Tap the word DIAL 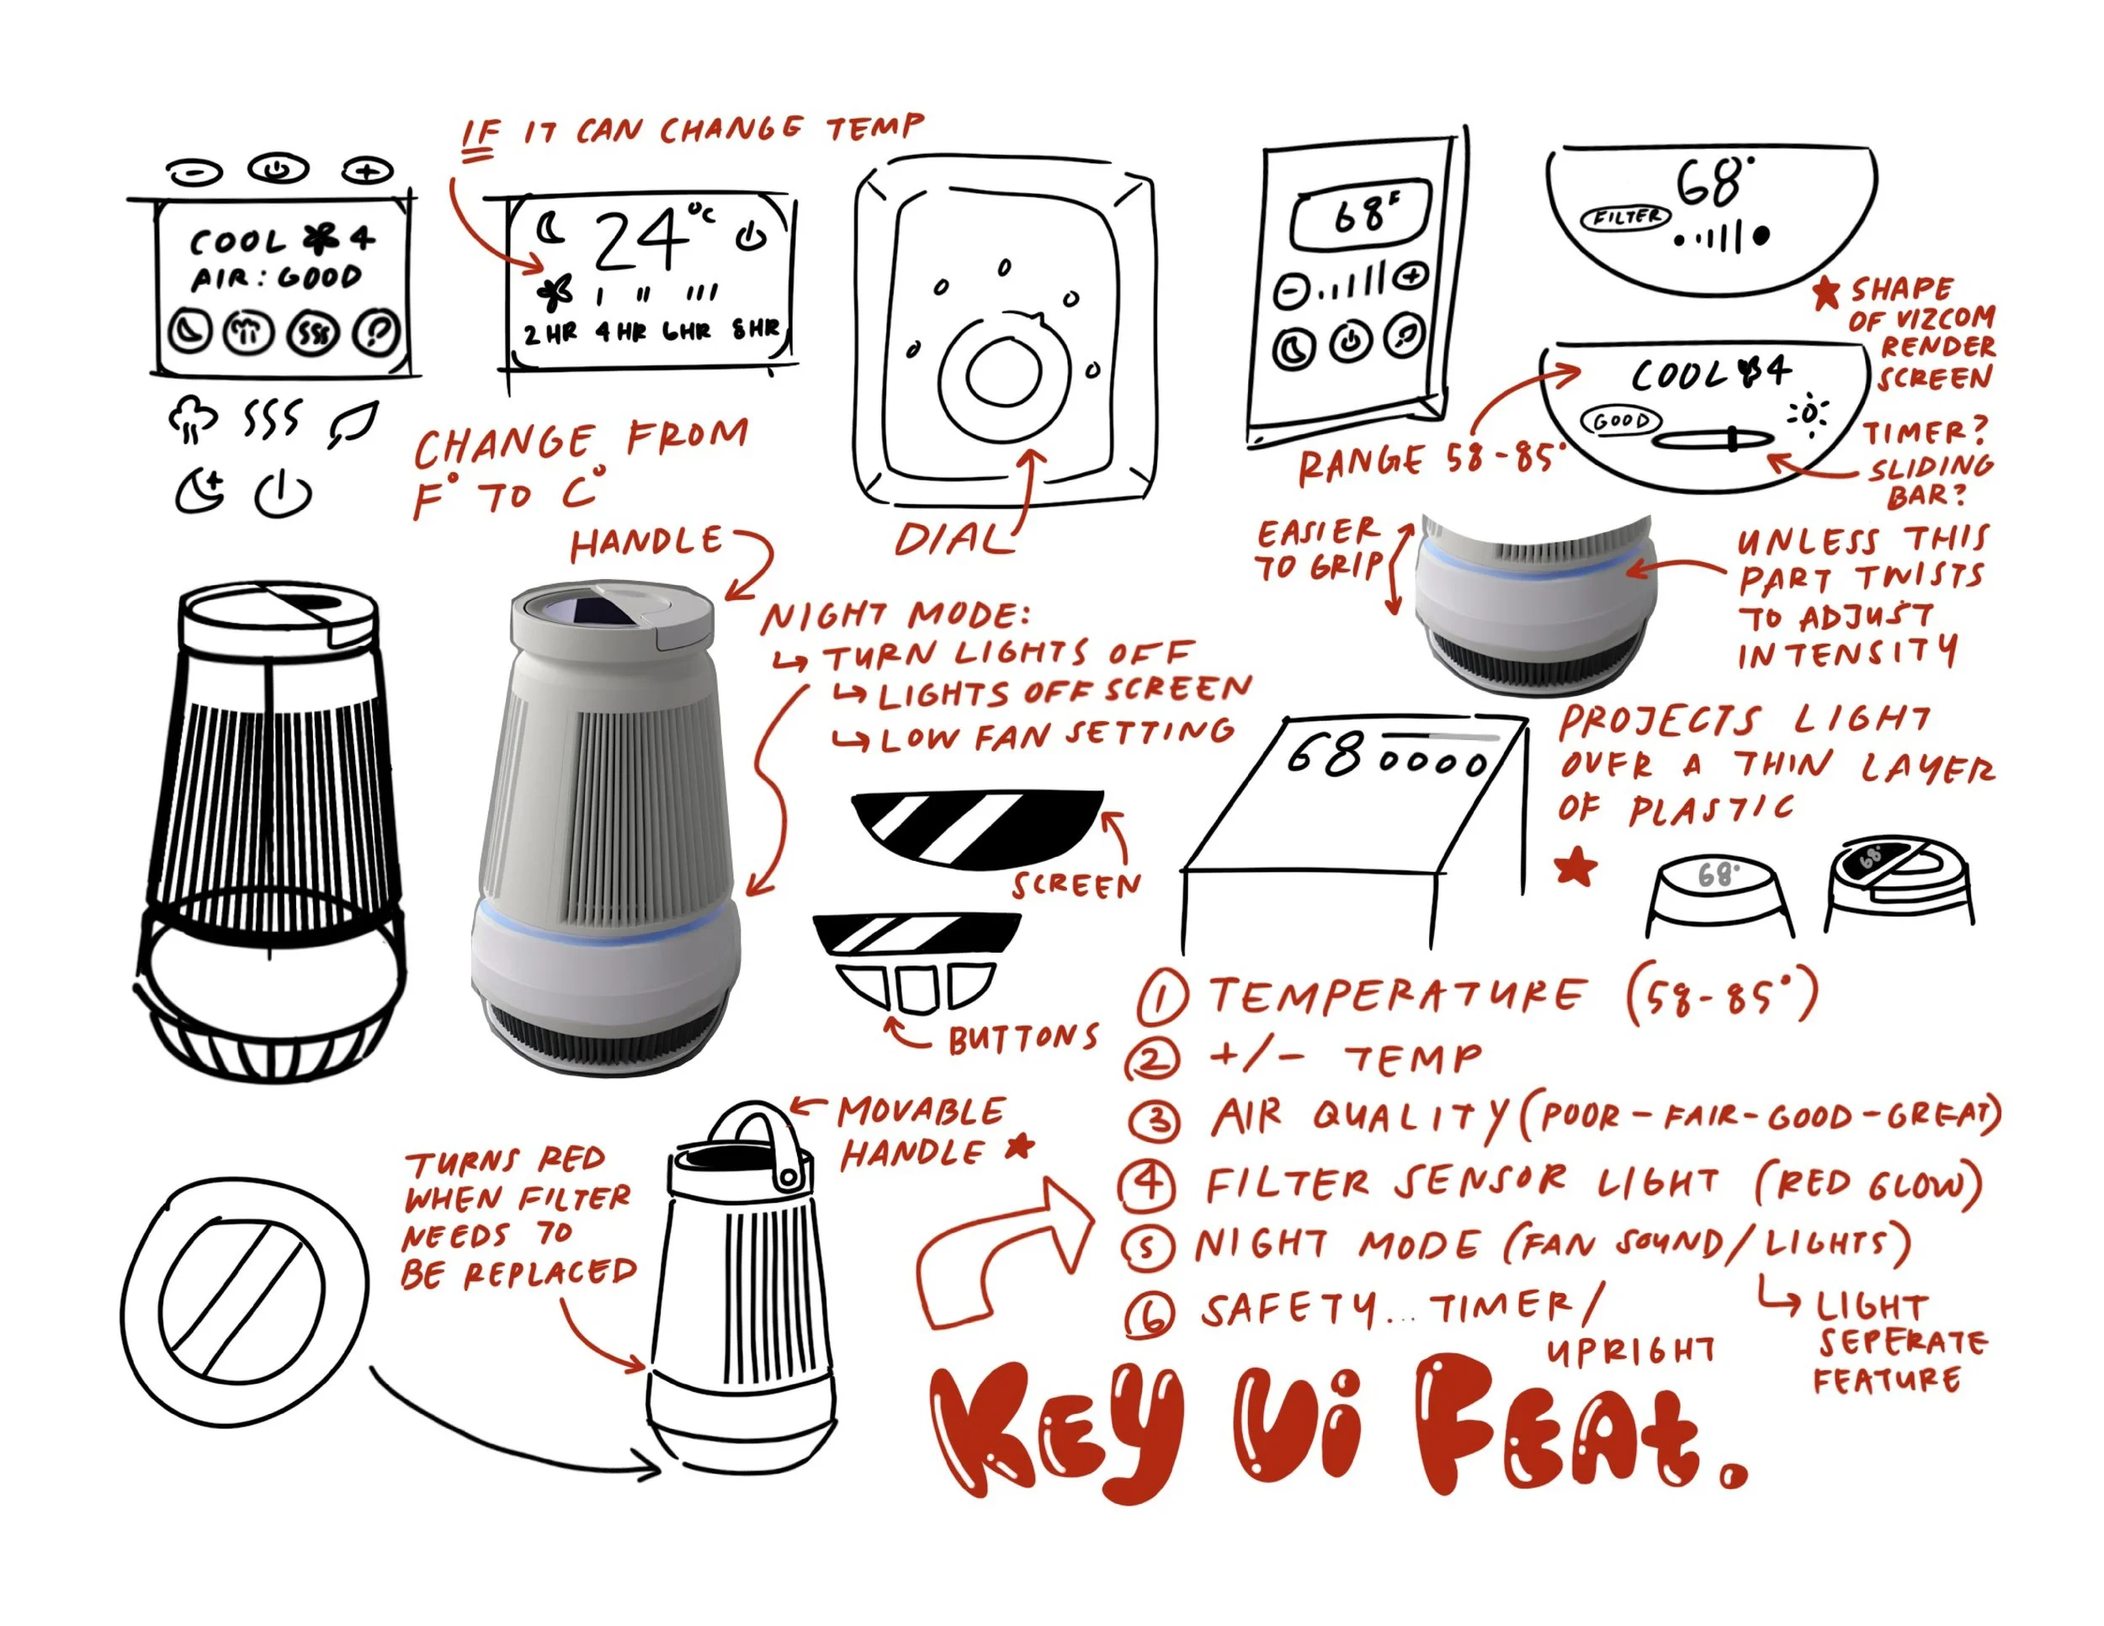pos(954,539)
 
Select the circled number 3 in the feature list pos(1153,1121)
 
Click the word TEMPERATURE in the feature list pos(1396,994)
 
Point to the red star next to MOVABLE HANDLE pos(1019,1146)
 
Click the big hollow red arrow pos(1002,1252)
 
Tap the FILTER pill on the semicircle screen pos(1625,218)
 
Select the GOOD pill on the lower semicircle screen pos(1622,421)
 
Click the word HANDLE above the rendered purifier pos(646,544)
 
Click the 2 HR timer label pos(550,333)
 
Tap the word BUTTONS pos(1023,1039)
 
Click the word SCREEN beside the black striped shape pos(1076,885)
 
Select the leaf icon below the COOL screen pos(353,425)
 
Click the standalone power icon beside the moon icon pos(282,493)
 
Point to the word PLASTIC pos(1711,809)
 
